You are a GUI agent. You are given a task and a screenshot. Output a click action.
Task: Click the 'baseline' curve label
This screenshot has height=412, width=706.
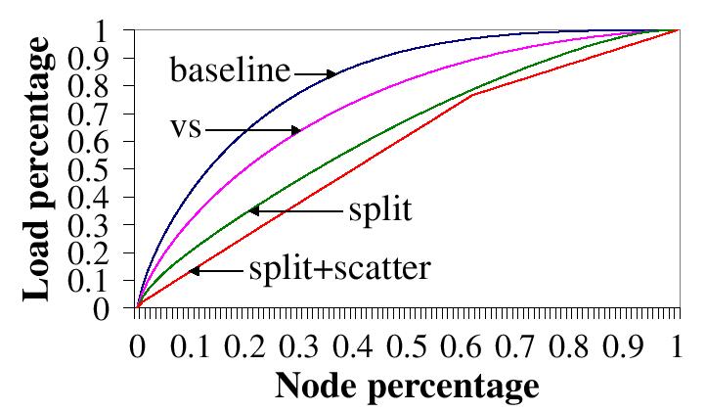[x=231, y=71]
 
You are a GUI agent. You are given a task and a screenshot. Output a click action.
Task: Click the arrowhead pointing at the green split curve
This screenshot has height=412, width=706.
[x=251, y=209]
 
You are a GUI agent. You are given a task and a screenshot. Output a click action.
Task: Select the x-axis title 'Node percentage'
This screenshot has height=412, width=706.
[x=407, y=385]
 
